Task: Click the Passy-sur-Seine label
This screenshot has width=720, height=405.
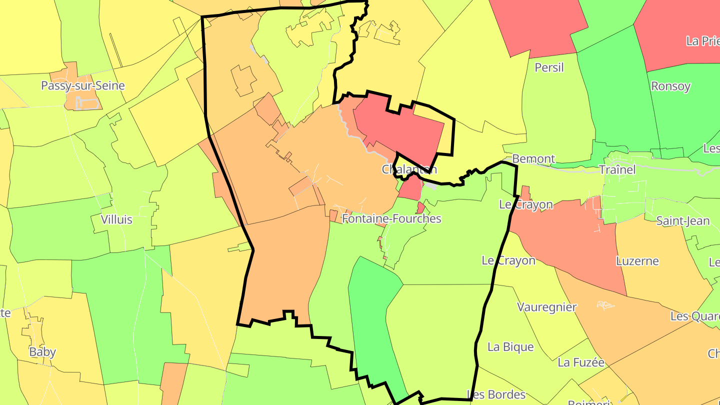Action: (x=83, y=85)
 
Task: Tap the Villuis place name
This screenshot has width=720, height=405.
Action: (x=116, y=219)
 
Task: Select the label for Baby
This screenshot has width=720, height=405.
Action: (x=42, y=351)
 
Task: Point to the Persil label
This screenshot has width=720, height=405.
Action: (x=549, y=67)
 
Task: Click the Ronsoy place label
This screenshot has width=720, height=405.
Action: (x=670, y=86)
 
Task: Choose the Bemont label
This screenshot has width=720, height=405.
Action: (x=533, y=159)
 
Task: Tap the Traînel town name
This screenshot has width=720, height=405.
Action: (x=617, y=169)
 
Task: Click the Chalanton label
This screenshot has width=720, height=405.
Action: (x=409, y=169)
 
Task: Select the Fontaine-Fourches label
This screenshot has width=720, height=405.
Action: (x=391, y=218)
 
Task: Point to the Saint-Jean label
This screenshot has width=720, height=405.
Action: (x=682, y=220)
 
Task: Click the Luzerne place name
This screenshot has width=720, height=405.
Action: (x=637, y=261)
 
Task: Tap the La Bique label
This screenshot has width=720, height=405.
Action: (x=510, y=347)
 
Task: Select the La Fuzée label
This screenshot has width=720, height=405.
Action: (x=581, y=362)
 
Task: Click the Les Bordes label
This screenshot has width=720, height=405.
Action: (x=496, y=394)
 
